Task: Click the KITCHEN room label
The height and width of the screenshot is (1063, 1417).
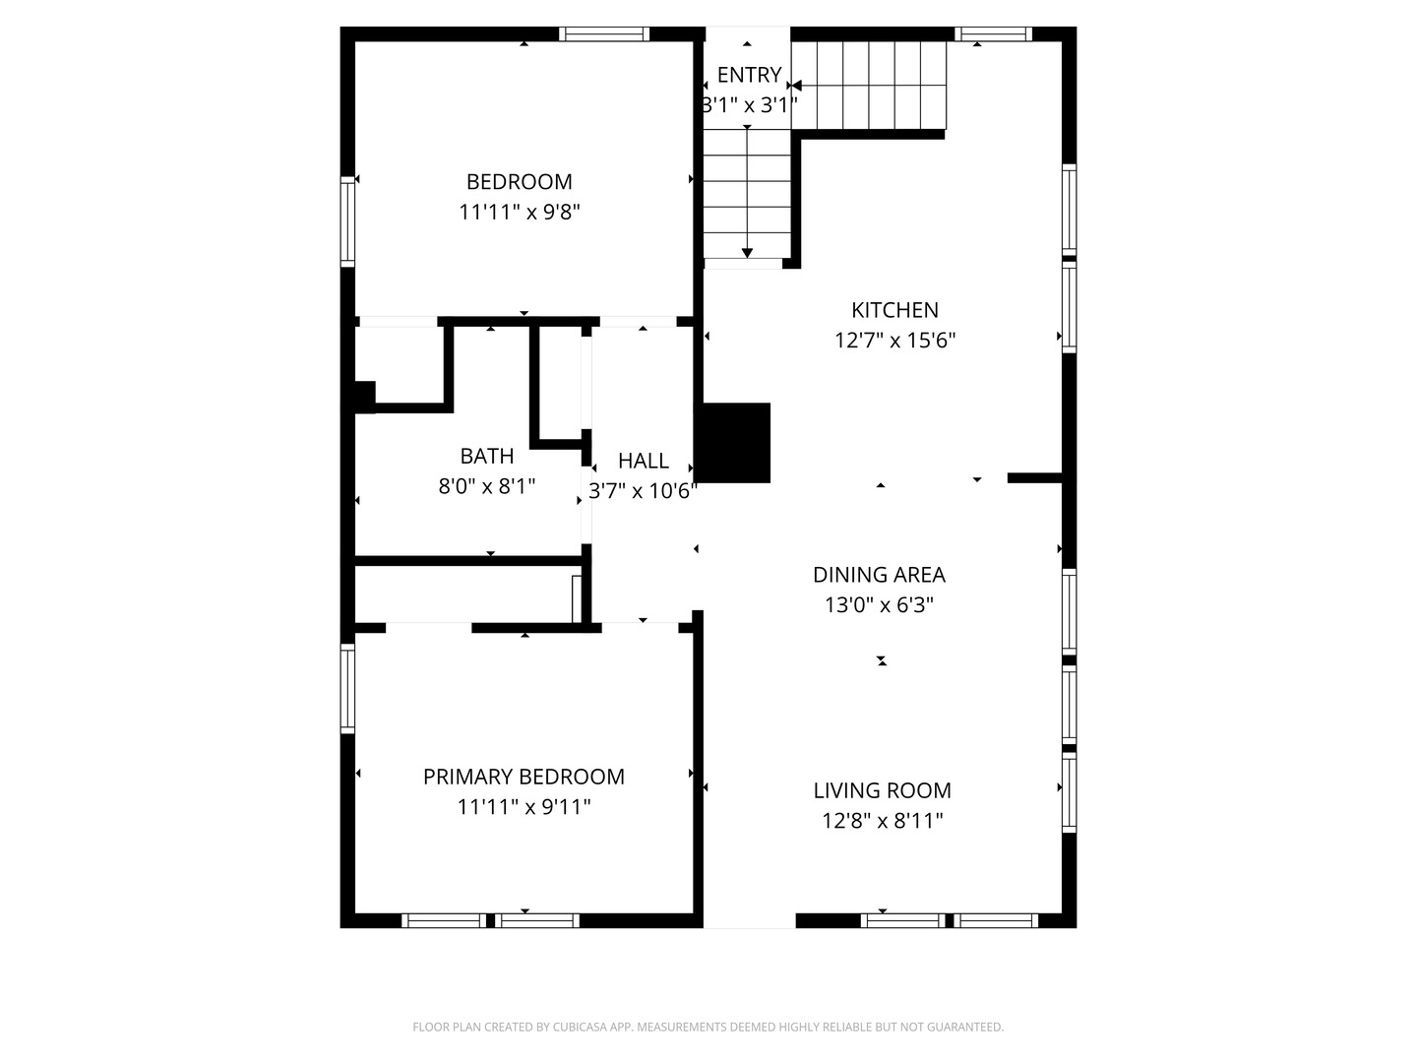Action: [x=894, y=310]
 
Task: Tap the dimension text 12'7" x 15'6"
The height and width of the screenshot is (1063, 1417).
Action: [x=894, y=341]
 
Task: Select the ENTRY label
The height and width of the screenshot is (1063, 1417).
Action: [x=749, y=75]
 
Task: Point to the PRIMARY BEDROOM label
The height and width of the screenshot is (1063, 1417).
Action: [x=524, y=777]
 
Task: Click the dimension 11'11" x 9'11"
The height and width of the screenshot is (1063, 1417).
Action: [x=524, y=807]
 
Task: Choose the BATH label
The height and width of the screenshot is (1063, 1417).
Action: [x=487, y=456]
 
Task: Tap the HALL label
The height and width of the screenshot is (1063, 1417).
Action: [x=644, y=461]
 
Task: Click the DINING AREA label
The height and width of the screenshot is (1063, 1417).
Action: [x=879, y=575]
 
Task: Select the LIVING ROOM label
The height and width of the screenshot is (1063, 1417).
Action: [x=882, y=790]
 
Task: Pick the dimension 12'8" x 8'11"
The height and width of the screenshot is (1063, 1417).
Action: [x=882, y=821]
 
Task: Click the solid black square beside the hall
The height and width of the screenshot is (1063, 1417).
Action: [x=734, y=443]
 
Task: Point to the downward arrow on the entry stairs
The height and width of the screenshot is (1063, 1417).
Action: [x=748, y=252]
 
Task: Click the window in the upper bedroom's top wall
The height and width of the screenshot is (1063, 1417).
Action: [x=604, y=34]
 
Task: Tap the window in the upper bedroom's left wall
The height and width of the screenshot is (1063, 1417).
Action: [x=347, y=221]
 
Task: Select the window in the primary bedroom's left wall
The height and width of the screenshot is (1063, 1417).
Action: [x=347, y=688]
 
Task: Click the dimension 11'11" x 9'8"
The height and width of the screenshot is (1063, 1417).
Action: [x=519, y=213]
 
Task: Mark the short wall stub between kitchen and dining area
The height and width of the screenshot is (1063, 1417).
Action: [x=1034, y=478]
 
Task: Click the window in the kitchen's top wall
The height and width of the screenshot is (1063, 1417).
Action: [x=993, y=34]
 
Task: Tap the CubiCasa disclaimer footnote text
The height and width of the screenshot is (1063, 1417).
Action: [x=708, y=1027]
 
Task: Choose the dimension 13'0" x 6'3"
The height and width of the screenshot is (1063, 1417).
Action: [x=879, y=605]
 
